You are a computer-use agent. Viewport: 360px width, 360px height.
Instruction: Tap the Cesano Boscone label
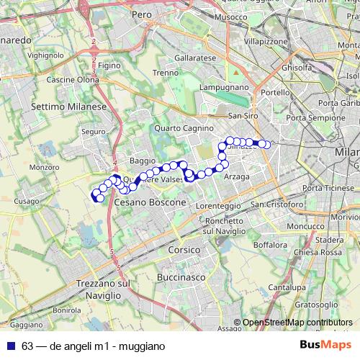tap(150, 204)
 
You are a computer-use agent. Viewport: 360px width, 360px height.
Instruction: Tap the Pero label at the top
tap(141, 14)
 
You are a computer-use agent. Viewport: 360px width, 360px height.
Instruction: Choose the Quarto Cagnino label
tap(184, 128)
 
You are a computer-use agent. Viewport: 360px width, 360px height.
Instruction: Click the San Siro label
tap(243, 115)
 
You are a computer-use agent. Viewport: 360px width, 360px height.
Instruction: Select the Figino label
tap(109, 66)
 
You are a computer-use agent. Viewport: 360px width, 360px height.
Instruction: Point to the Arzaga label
tap(236, 176)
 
